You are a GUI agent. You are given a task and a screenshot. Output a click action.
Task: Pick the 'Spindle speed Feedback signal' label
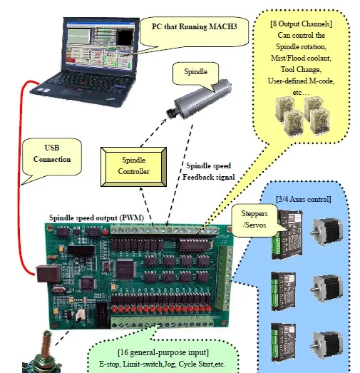210,170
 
